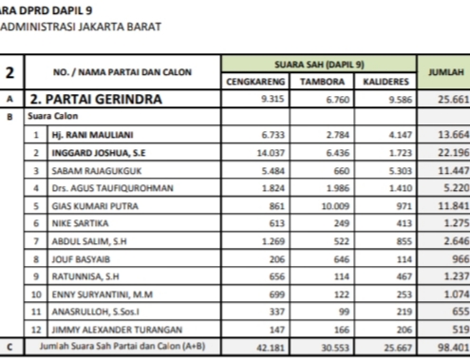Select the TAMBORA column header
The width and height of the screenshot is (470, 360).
click(322, 82)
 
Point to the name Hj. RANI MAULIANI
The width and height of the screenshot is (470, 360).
click(94, 136)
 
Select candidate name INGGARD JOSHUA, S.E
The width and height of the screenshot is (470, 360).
click(98, 152)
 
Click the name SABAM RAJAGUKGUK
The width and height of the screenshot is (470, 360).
click(95, 169)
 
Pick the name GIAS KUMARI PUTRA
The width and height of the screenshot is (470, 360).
click(90, 205)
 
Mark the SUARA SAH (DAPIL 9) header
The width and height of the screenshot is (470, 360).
click(320, 64)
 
